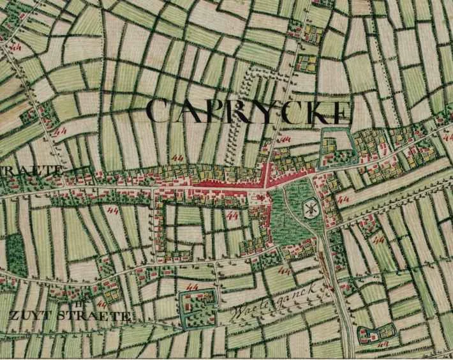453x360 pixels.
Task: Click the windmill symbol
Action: point(311,208)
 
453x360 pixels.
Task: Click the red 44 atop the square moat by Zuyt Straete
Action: point(192,290)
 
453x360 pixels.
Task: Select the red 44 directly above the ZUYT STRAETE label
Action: point(102,302)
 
